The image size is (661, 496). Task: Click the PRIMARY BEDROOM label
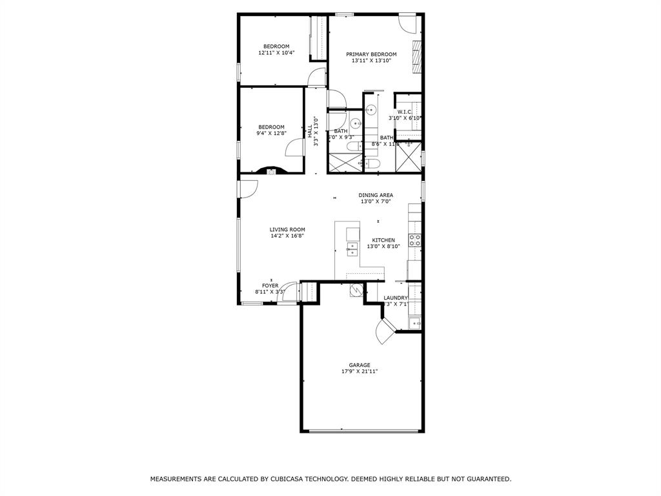coord(371,54)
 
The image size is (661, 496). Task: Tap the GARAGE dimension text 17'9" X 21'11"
coord(360,372)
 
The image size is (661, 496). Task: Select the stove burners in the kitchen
coord(415,240)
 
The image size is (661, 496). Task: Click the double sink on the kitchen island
coord(352,249)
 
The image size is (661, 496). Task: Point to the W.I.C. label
coord(405,112)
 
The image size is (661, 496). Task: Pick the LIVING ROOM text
coord(287,229)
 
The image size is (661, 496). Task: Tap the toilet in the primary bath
coord(373,165)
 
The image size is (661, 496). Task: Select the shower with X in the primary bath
coord(408,160)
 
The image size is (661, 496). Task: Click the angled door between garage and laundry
coord(386,332)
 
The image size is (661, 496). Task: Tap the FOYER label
coord(270,285)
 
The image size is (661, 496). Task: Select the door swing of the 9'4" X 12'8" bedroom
coord(294,148)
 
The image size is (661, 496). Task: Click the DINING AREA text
coord(376,195)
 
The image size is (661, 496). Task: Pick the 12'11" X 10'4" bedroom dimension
coord(276,53)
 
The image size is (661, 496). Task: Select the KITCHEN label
coord(383,240)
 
